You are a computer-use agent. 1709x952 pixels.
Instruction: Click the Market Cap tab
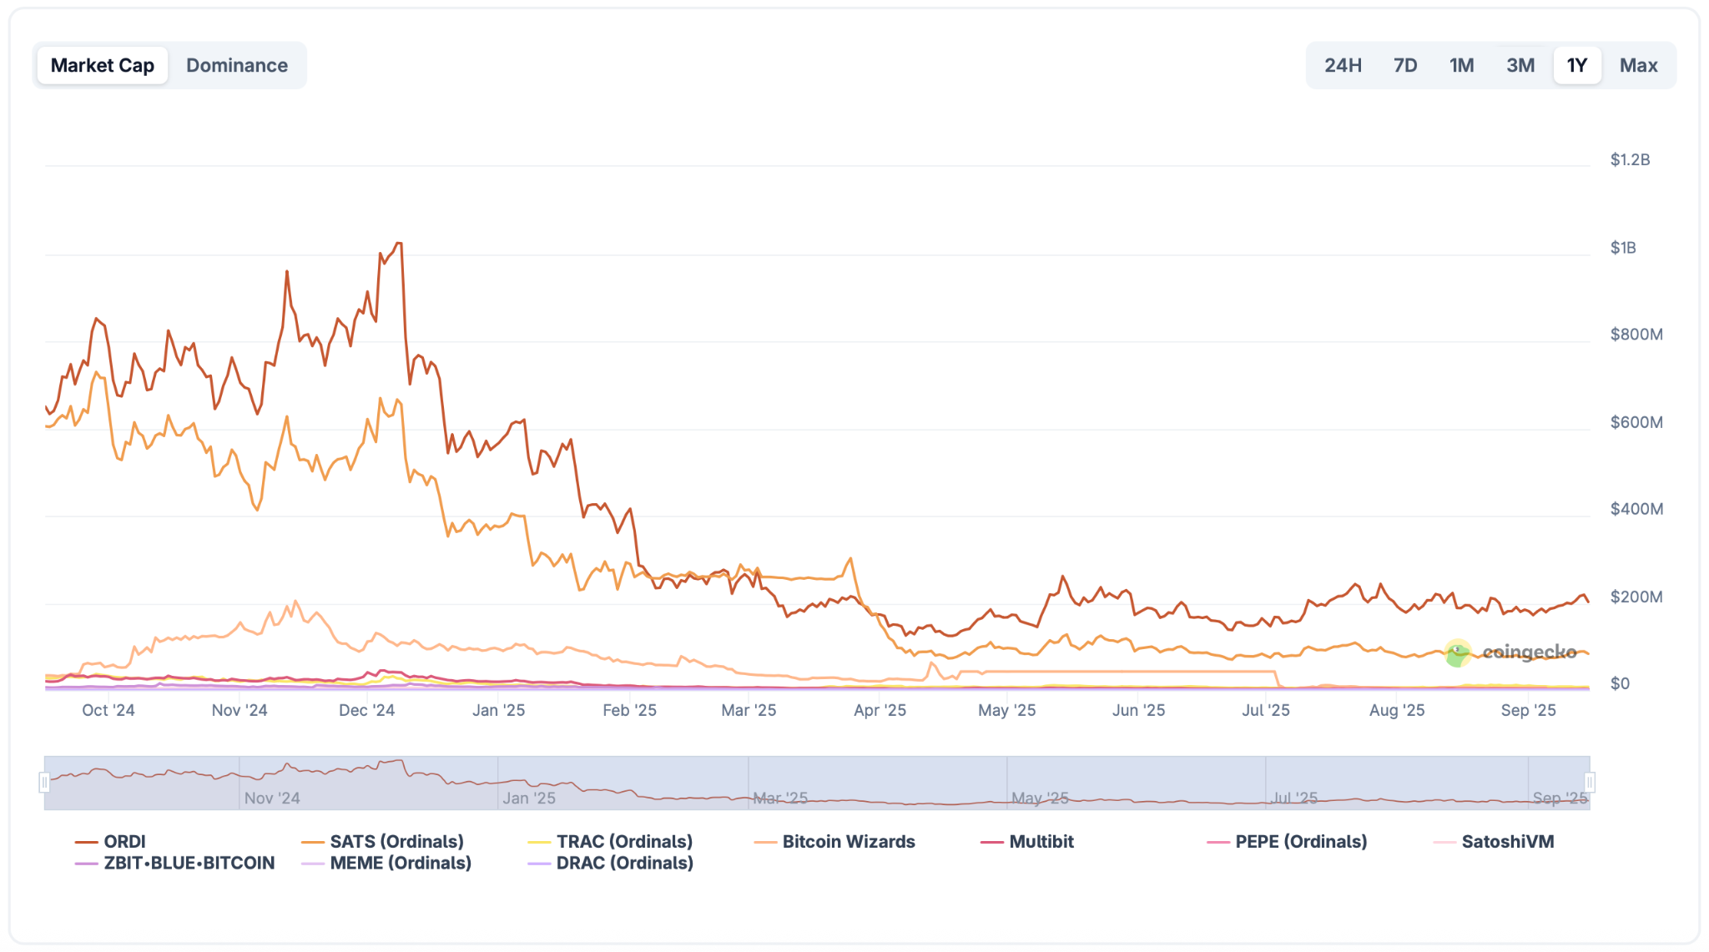click(102, 65)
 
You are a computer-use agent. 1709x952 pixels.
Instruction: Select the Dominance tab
click(237, 65)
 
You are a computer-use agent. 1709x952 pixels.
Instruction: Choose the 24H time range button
click(1343, 65)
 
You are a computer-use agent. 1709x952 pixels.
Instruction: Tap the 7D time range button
click(1405, 65)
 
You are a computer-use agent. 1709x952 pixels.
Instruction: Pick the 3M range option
click(1520, 65)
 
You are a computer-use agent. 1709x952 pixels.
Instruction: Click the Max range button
click(1638, 65)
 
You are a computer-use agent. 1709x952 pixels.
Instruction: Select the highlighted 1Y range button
click(1576, 65)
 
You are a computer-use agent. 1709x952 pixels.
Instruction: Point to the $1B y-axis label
click(1622, 248)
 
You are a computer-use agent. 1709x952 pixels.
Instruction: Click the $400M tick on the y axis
click(1636, 509)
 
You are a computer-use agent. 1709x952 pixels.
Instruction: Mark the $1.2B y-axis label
click(1629, 159)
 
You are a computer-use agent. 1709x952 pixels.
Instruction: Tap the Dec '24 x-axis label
click(366, 710)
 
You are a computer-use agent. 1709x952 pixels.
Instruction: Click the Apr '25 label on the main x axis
click(880, 710)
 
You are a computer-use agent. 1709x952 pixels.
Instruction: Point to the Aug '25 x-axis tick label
click(1396, 710)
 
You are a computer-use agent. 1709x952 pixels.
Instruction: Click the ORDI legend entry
click(124, 841)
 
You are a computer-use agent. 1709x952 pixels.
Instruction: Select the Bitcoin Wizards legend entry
click(848, 841)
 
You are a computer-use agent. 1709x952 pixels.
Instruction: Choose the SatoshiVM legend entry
click(1507, 841)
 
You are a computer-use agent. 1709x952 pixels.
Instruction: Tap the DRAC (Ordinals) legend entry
click(624, 863)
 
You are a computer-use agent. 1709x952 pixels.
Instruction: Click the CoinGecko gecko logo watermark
click(1457, 653)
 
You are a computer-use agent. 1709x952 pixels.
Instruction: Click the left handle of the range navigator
click(44, 782)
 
